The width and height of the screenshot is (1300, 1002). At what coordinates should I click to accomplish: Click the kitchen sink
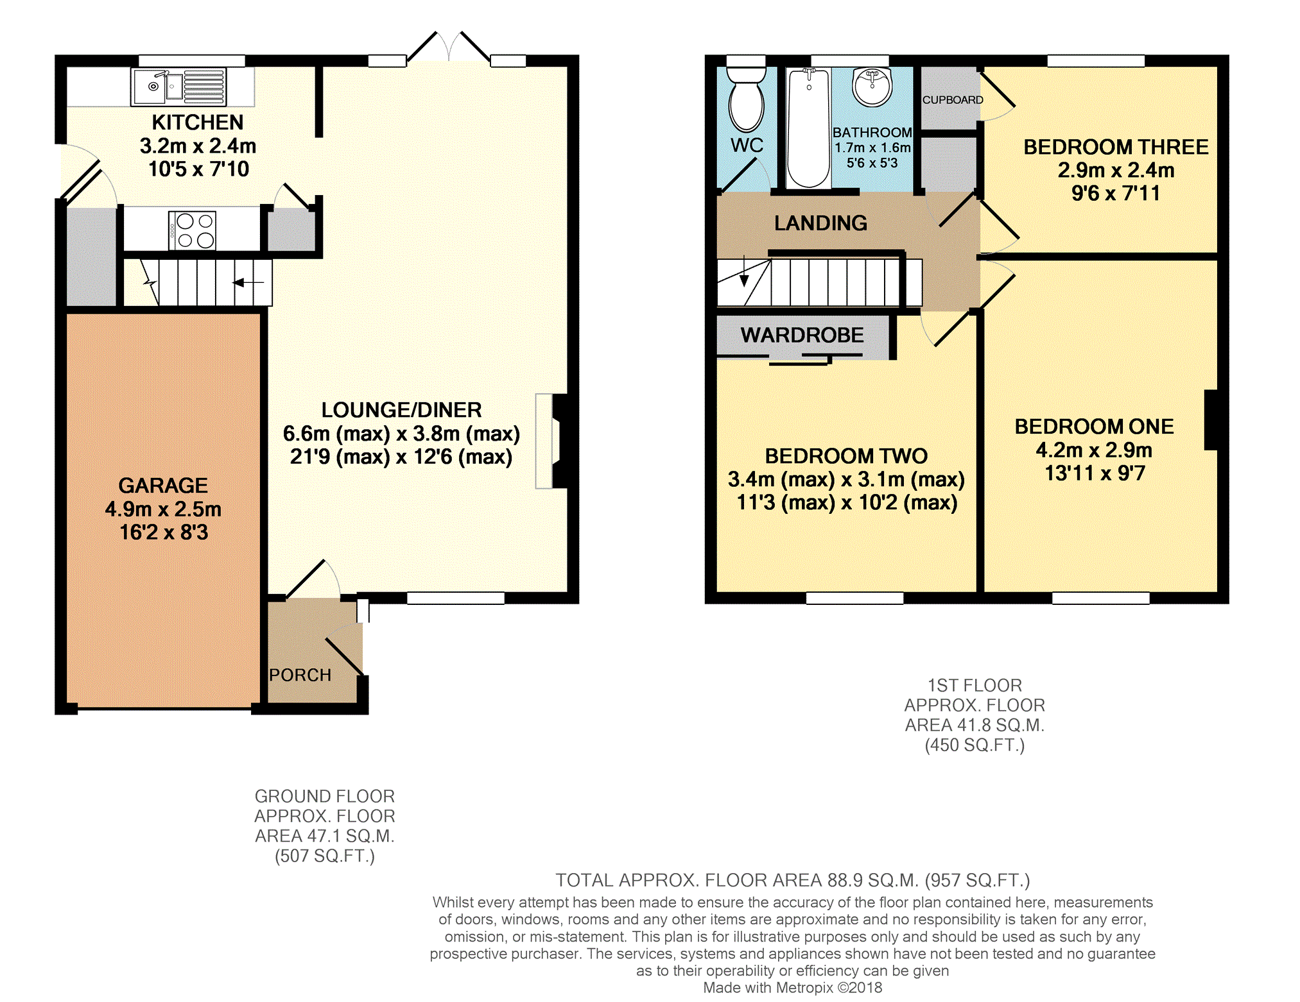click(178, 87)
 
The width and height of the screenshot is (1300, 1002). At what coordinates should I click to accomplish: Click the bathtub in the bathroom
click(808, 128)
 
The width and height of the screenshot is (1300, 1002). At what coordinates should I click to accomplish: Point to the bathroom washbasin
click(872, 86)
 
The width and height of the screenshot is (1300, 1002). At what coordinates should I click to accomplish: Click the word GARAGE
click(163, 486)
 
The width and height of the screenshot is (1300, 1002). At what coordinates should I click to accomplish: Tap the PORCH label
click(300, 675)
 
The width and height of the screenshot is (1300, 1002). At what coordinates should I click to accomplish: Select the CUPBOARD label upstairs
click(953, 100)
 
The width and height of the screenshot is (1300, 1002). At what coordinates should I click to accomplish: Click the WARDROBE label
click(802, 335)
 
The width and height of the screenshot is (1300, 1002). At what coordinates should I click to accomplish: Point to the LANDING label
click(820, 223)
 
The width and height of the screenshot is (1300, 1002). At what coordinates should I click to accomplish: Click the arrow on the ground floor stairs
click(248, 282)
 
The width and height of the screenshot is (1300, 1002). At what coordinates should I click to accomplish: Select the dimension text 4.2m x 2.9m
click(1094, 450)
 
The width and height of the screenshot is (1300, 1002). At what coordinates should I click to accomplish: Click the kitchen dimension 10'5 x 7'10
click(198, 169)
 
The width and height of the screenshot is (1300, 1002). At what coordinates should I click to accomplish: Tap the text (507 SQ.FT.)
click(325, 856)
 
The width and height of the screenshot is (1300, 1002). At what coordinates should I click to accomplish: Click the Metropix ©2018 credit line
click(793, 988)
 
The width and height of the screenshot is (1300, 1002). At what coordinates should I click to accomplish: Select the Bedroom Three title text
click(1116, 147)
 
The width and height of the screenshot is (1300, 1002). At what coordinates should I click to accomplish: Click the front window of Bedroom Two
click(854, 598)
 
